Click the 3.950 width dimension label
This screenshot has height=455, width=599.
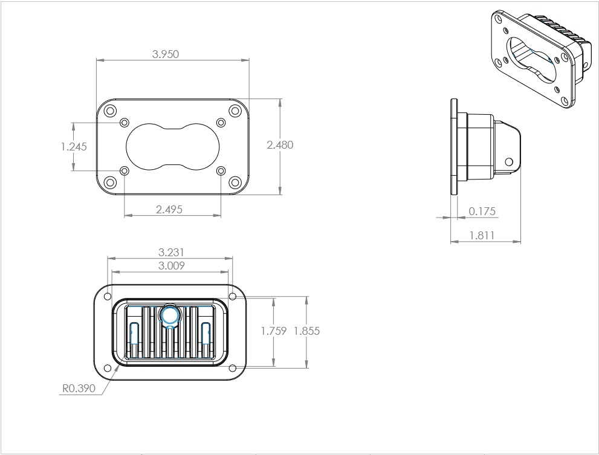165,54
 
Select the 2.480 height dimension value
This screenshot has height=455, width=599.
279,145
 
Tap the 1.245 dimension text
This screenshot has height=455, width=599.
74,147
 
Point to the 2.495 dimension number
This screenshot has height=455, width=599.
169,209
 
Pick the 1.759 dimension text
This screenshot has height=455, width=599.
273,331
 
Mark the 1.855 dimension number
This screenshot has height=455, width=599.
306,331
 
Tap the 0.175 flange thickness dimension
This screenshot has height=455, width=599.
482,211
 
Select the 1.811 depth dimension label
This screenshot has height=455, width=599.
482,236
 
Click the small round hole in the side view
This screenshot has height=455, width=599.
508,162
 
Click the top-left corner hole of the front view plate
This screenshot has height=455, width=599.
109,111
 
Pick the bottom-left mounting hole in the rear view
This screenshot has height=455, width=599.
108,367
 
